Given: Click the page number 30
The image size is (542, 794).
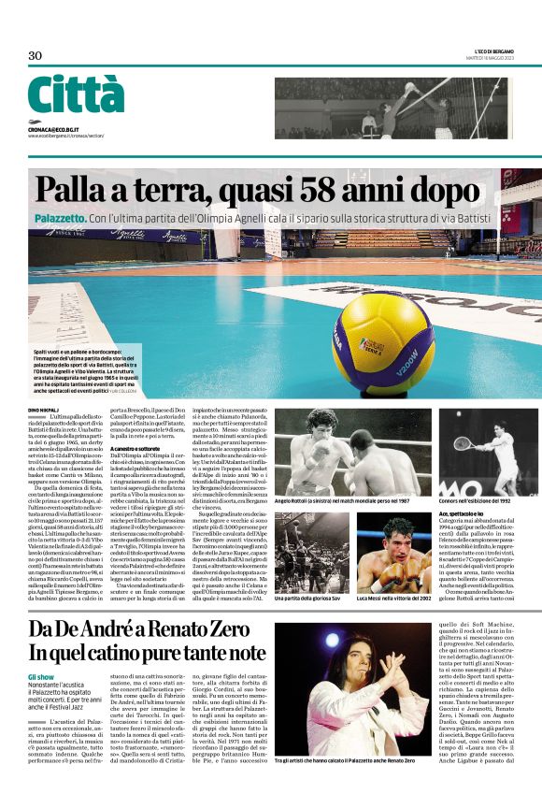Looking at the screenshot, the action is pyautogui.click(x=36, y=55).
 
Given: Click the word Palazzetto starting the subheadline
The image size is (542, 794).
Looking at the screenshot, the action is pyautogui.click(x=62, y=218).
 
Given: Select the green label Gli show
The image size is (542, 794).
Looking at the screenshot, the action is pyautogui.click(x=41, y=674).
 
